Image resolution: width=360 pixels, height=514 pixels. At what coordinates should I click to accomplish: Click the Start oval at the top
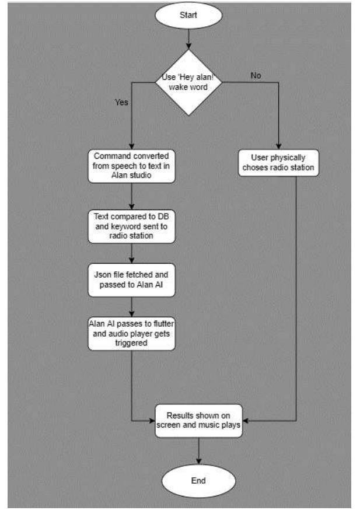coord(188,16)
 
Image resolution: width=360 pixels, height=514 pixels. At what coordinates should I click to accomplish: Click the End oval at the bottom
coord(199,481)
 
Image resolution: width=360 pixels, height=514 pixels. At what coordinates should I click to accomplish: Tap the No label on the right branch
coord(256,75)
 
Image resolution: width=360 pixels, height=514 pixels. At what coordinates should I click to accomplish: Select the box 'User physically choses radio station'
coord(278,163)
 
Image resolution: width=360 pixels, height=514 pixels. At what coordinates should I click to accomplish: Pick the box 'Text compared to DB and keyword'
coord(131,226)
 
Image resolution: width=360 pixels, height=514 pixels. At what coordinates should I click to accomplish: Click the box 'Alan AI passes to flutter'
coord(131,334)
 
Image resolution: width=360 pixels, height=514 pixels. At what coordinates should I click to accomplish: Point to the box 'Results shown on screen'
coord(199,420)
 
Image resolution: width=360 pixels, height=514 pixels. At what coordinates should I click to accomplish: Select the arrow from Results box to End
coord(199,450)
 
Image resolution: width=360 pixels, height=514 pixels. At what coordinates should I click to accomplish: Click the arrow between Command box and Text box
coord(131,197)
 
